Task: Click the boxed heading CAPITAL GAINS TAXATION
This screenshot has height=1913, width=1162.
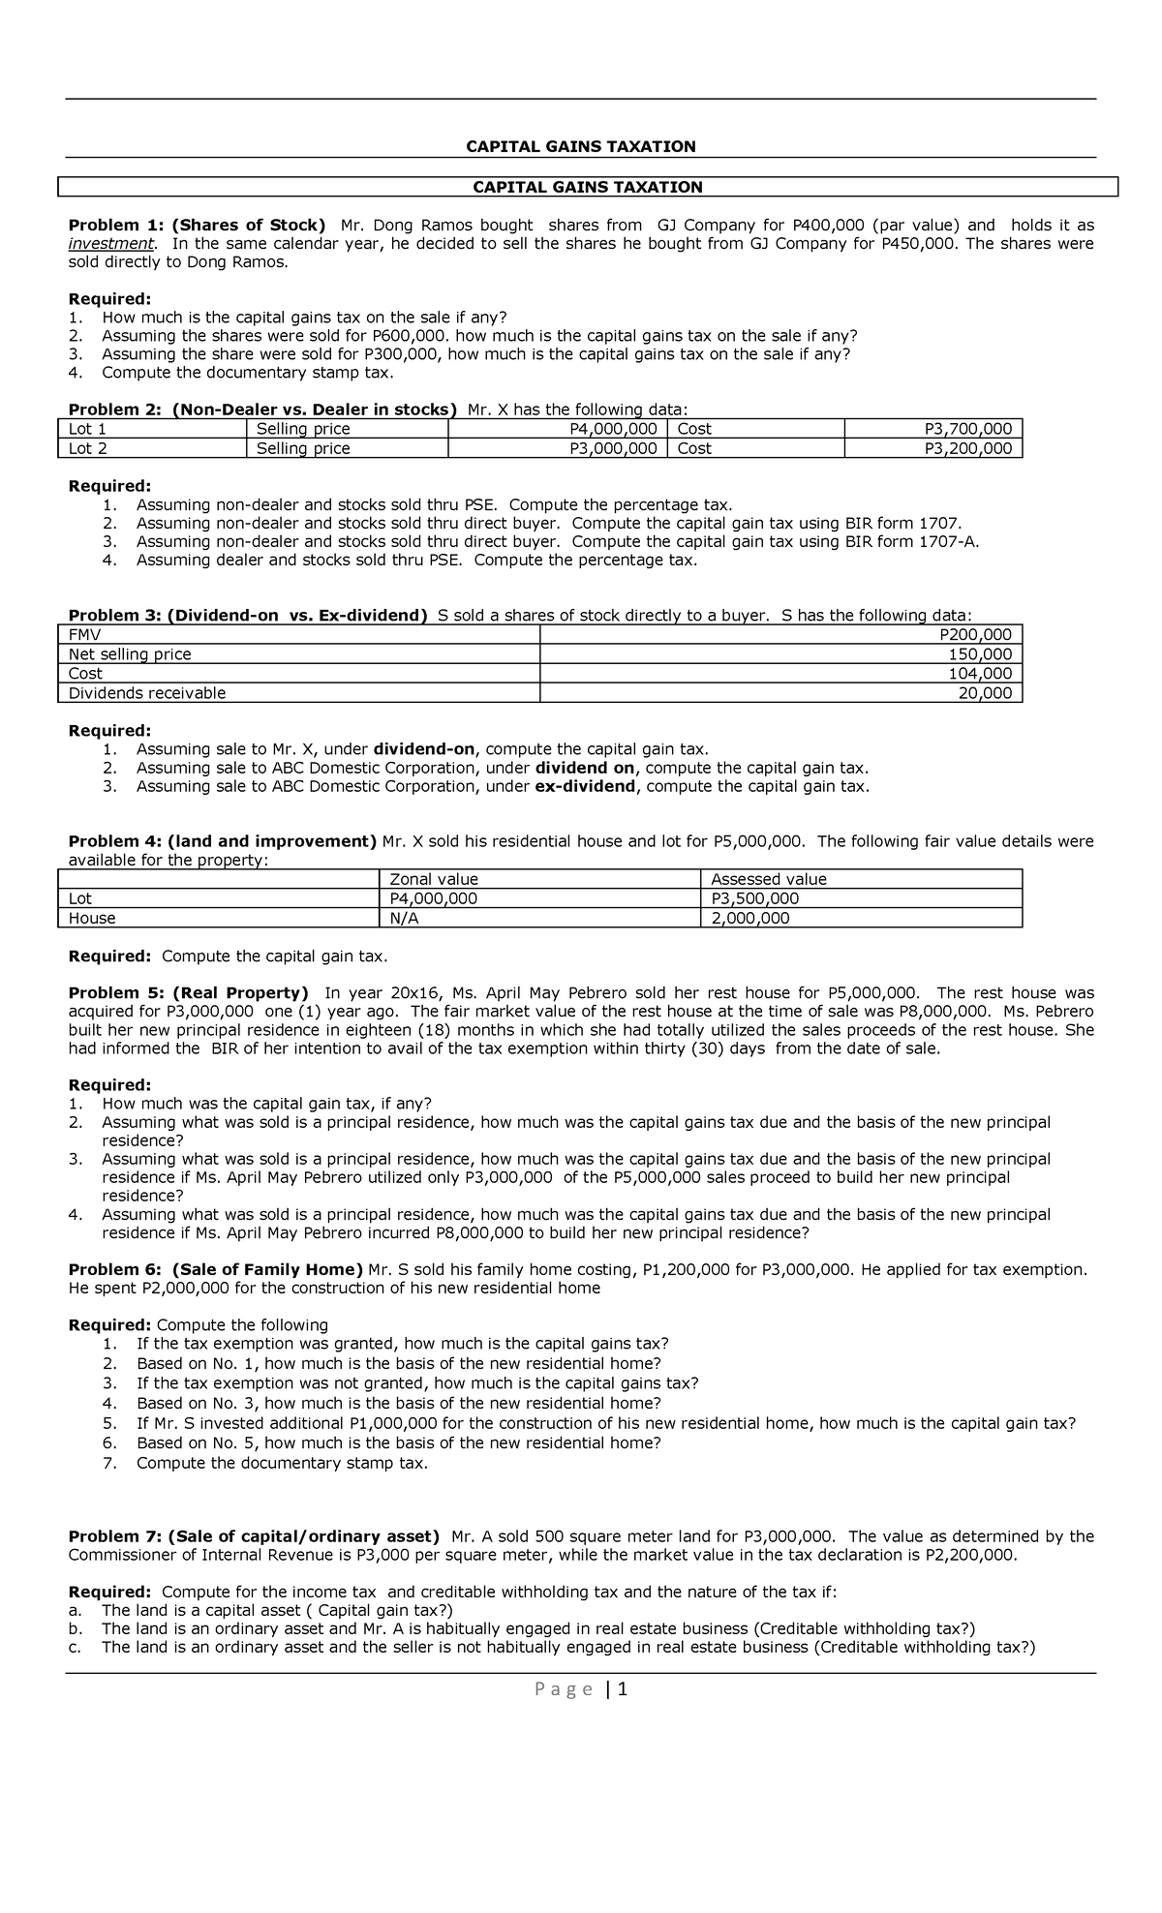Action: (x=587, y=187)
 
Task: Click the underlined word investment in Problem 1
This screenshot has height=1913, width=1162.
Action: (x=110, y=243)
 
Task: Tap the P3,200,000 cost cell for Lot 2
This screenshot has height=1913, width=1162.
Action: (x=967, y=448)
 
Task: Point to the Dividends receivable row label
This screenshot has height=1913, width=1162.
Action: (x=146, y=693)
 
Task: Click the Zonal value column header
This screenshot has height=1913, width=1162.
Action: (x=433, y=879)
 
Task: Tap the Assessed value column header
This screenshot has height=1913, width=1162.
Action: (x=768, y=879)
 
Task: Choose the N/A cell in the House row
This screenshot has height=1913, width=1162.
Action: (x=404, y=918)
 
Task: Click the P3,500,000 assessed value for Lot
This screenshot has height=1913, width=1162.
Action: (x=754, y=898)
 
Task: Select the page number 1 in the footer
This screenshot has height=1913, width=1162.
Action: (x=623, y=1690)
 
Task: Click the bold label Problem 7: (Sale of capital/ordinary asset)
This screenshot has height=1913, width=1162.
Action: (x=253, y=1536)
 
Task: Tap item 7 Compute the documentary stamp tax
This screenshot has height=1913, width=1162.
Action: (x=281, y=1463)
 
